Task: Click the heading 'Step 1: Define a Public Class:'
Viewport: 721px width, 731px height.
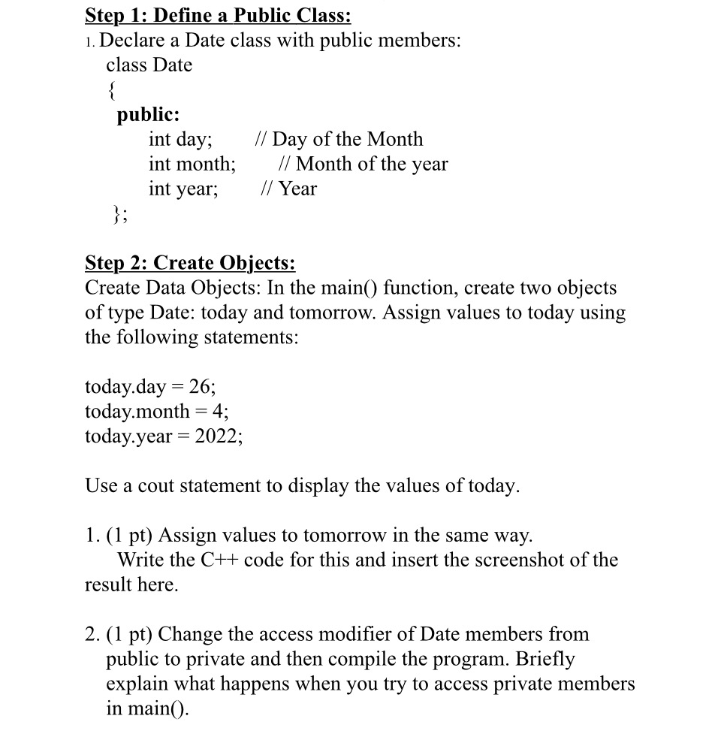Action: click(218, 15)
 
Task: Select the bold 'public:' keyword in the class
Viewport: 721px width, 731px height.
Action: click(148, 115)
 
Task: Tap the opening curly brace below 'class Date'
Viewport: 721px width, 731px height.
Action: click(112, 90)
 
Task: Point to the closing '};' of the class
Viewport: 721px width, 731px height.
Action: click(120, 215)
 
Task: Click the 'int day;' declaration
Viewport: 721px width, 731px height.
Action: click(180, 140)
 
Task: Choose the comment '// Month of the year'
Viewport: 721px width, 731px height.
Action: click(363, 165)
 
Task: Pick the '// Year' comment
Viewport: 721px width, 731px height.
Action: click(288, 189)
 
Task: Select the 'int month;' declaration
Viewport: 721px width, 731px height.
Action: click(192, 165)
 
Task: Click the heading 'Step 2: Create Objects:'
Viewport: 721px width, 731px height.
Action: click(190, 264)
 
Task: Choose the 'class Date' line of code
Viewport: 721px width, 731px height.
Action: click(149, 65)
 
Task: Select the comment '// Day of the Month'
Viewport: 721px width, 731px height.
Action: click(339, 140)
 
